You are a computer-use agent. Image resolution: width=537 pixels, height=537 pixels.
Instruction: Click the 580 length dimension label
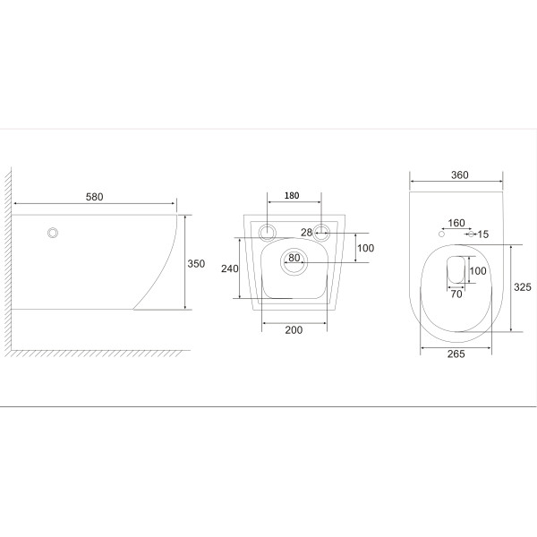click(94, 197)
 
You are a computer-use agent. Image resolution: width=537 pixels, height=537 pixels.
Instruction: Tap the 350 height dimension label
click(196, 264)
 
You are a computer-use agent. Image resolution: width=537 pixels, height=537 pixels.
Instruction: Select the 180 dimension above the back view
click(292, 195)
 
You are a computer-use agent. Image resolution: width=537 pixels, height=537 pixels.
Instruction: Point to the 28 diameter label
click(306, 233)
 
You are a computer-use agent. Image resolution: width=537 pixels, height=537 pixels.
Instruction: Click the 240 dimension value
click(229, 268)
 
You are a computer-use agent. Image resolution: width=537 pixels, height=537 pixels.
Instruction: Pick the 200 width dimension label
click(294, 329)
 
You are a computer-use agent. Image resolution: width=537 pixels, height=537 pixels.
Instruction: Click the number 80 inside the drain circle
click(294, 258)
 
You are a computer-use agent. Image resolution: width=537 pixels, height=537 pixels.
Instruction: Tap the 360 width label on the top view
click(460, 175)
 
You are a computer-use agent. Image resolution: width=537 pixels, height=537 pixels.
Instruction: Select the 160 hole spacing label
click(456, 223)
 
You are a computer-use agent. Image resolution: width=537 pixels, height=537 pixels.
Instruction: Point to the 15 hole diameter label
click(483, 234)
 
